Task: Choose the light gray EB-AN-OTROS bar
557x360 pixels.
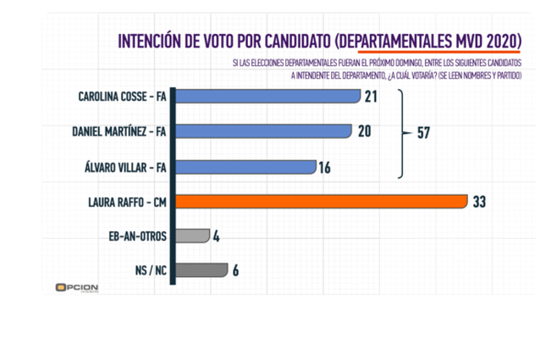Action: tap(195, 235)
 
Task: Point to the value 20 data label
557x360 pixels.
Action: tap(364, 132)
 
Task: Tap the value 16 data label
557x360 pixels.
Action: tap(327, 168)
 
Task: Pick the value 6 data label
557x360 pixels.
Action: tap(235, 270)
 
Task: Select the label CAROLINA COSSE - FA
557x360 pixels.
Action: tap(122, 97)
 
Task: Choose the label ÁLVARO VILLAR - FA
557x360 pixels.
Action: tap(126, 167)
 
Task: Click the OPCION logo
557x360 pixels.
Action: tap(76, 287)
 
